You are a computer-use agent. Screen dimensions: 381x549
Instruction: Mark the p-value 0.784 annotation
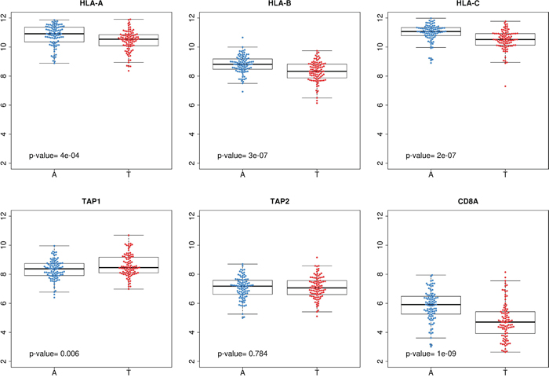pos(242,354)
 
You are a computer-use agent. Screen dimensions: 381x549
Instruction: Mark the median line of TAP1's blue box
pos(55,269)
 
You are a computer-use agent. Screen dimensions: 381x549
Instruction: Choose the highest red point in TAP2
pos(317,258)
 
